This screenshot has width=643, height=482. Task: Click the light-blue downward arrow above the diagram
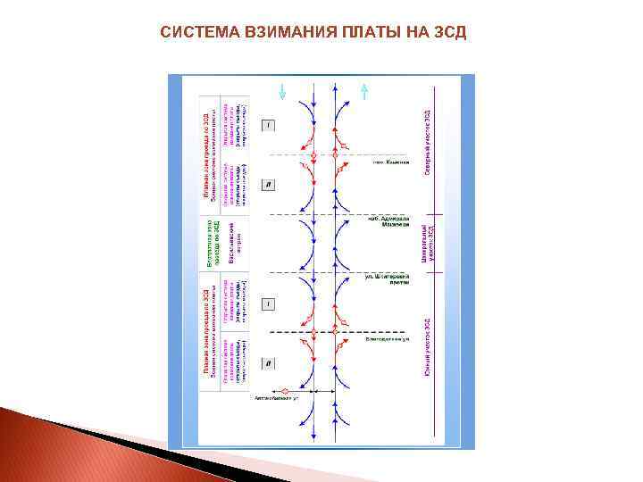(x=282, y=90)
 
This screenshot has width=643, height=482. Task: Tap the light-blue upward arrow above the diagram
(x=363, y=90)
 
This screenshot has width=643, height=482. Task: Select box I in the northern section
(x=269, y=125)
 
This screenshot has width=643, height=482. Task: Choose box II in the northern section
(x=269, y=185)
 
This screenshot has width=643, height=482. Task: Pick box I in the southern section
(x=269, y=304)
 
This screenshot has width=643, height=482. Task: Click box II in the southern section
(x=269, y=363)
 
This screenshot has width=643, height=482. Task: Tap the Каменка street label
(x=390, y=162)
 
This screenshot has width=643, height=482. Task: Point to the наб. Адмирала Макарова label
(x=389, y=220)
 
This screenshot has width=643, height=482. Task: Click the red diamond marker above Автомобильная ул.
(x=285, y=391)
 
